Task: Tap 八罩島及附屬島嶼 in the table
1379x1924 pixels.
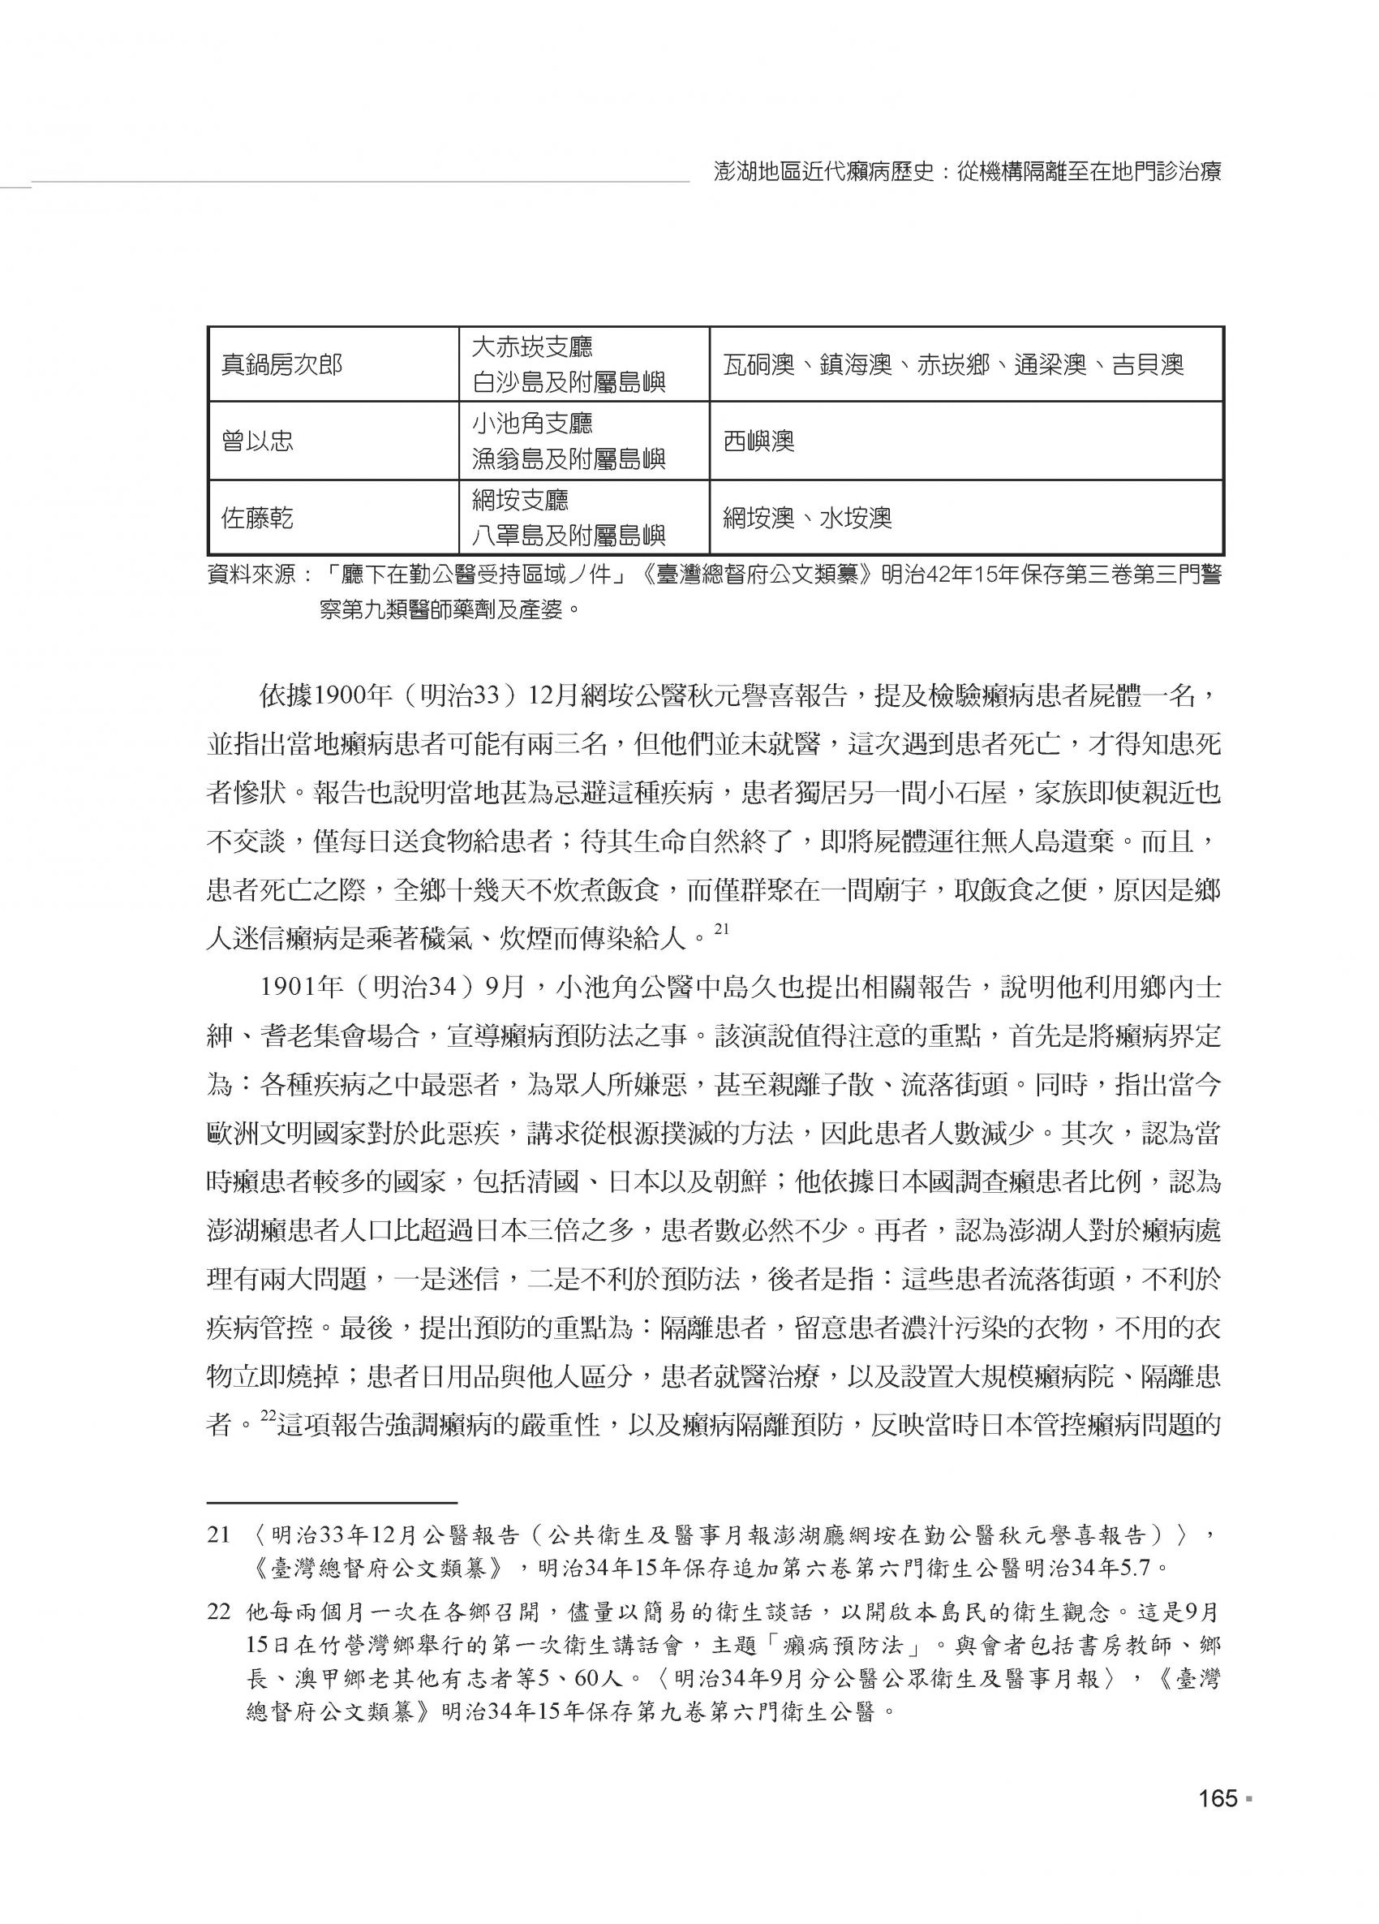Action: (568, 537)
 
